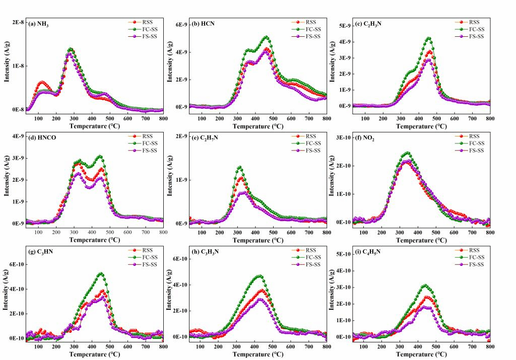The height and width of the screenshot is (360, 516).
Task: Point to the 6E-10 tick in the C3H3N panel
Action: coord(180,259)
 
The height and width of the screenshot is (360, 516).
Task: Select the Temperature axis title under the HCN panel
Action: coord(257,126)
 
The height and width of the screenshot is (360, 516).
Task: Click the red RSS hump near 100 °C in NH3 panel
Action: coord(42,82)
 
